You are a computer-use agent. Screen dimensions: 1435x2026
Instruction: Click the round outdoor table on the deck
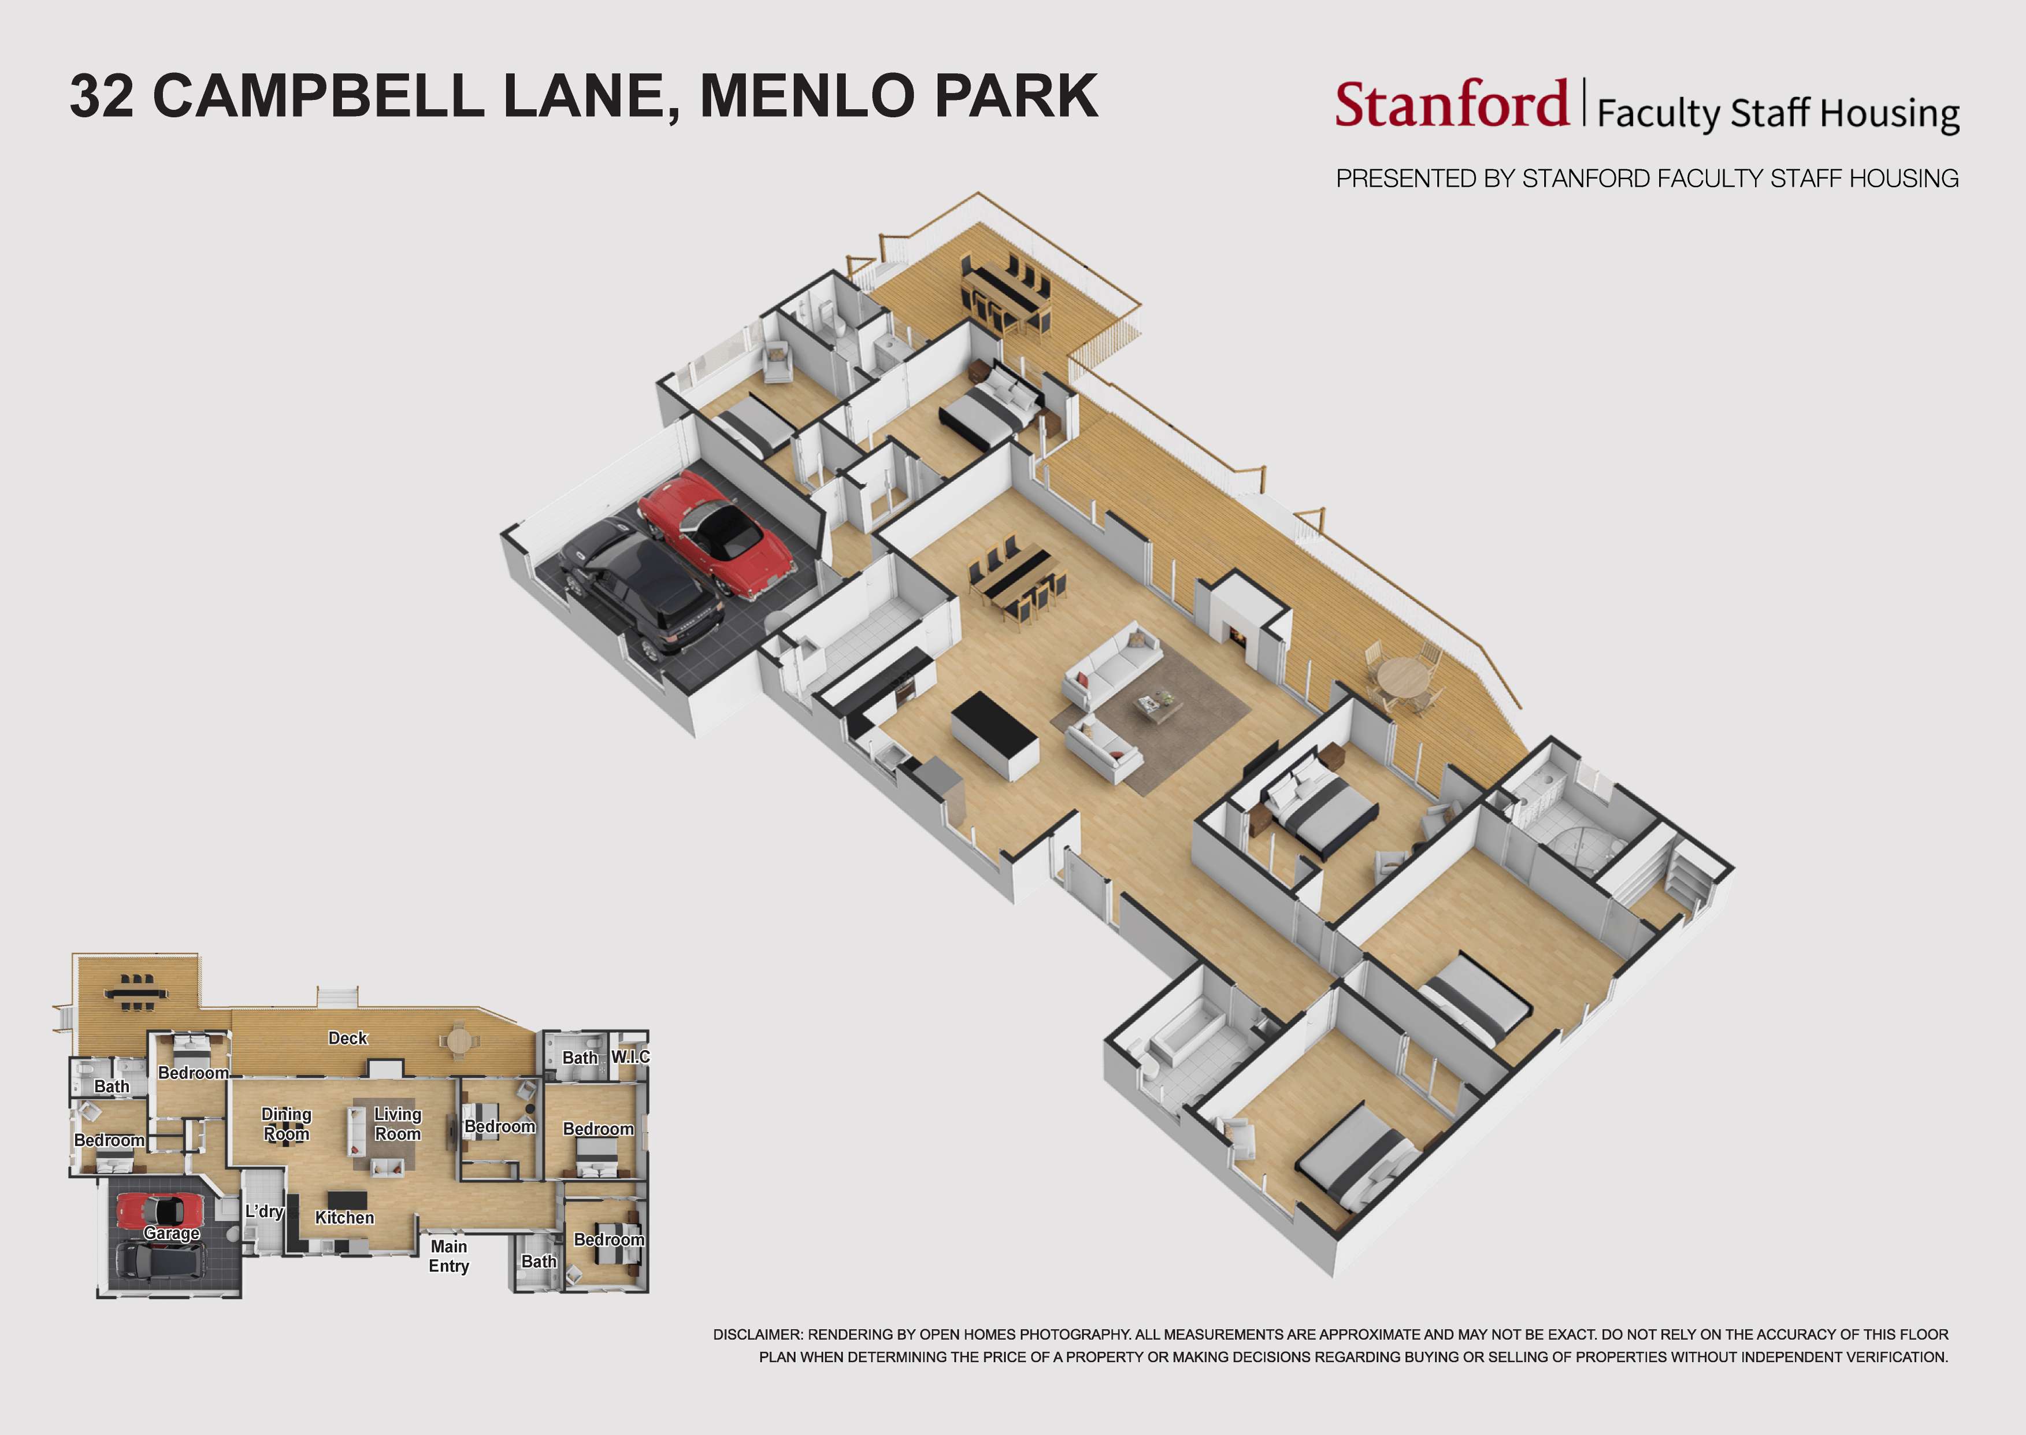tap(1403, 678)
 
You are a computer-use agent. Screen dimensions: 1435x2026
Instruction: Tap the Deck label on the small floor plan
tap(347, 1039)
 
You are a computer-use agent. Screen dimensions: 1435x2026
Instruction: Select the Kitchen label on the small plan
tap(344, 1218)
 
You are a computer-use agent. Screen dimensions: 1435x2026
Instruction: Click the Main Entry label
tap(449, 1256)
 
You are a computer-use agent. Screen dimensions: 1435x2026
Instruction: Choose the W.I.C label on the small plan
tap(630, 1057)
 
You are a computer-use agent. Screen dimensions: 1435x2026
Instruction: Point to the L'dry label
tap(264, 1211)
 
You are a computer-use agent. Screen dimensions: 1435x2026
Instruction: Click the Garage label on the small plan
tap(172, 1233)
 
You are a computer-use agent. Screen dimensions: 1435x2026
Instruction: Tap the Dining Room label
tap(286, 1124)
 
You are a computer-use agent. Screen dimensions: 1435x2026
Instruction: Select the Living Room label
tap(398, 1124)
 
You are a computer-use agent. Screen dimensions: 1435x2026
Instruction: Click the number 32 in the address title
tap(102, 97)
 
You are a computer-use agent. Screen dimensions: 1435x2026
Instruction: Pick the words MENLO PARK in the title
tap(899, 97)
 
